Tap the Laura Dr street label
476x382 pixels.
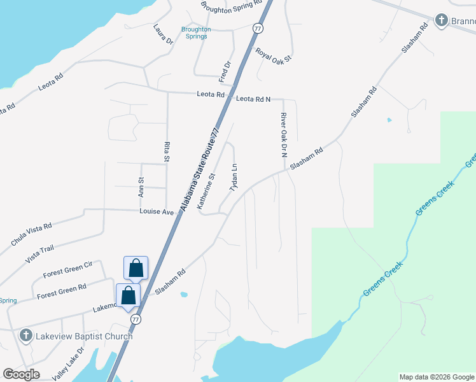click(163, 34)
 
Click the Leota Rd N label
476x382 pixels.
click(253, 99)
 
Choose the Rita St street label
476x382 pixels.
click(167, 152)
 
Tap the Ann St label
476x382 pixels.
click(141, 187)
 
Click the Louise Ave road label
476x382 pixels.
click(157, 211)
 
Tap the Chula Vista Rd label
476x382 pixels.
click(31, 234)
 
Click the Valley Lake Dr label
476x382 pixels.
click(68, 363)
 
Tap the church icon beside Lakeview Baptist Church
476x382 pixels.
click(25, 335)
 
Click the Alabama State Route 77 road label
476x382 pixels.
click(199, 169)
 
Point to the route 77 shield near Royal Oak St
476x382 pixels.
click(257, 28)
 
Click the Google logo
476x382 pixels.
click(21, 374)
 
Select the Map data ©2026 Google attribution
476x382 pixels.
click(437, 377)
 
